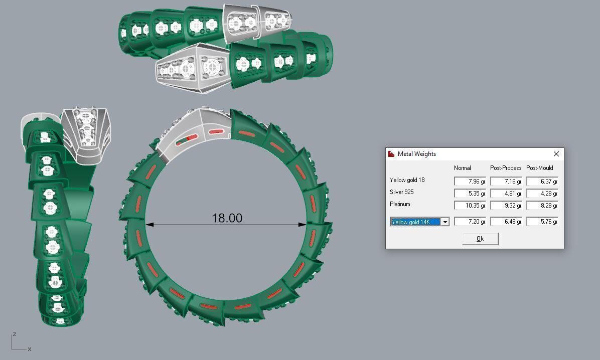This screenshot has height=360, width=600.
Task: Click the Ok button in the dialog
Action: [x=480, y=239]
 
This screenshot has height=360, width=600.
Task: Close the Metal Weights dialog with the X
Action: [x=556, y=154]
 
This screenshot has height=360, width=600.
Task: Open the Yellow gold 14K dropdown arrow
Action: [x=445, y=222]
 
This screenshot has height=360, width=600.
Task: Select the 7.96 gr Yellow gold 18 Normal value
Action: [x=470, y=182]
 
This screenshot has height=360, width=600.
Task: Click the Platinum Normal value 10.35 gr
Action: [x=470, y=206]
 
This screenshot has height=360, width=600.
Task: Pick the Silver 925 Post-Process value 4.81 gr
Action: [x=506, y=194]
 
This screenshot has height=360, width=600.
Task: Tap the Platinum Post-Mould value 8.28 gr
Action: [x=542, y=206]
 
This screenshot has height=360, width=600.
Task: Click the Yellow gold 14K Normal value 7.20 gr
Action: [x=470, y=222]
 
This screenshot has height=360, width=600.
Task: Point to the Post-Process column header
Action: [x=506, y=168]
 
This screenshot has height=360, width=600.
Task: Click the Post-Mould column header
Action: [x=540, y=168]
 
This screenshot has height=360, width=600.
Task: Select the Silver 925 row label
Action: [x=401, y=192]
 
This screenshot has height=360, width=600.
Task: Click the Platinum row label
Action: [x=400, y=204]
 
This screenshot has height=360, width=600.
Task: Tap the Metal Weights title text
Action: [x=416, y=154]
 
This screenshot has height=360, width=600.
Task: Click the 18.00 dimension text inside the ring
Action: [x=227, y=218]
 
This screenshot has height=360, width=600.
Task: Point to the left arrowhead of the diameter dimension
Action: [x=149, y=225]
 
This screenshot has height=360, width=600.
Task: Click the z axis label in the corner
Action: [x=15, y=334]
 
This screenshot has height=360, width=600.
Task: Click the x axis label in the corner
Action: [x=30, y=349]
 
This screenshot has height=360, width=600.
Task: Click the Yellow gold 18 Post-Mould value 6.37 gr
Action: [x=542, y=182]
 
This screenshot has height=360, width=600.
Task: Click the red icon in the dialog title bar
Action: [x=392, y=154]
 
